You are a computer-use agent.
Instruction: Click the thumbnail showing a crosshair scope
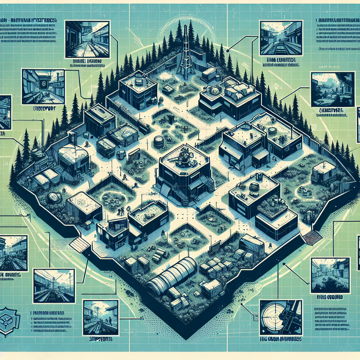[x=280, y=318]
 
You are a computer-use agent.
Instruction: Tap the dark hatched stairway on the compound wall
[x=313, y=238]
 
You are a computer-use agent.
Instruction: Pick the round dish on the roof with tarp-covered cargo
[x=214, y=90]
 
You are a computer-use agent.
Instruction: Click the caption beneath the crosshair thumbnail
[x=280, y=340]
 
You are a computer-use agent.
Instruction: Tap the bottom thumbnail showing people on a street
[x=101, y=317]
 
